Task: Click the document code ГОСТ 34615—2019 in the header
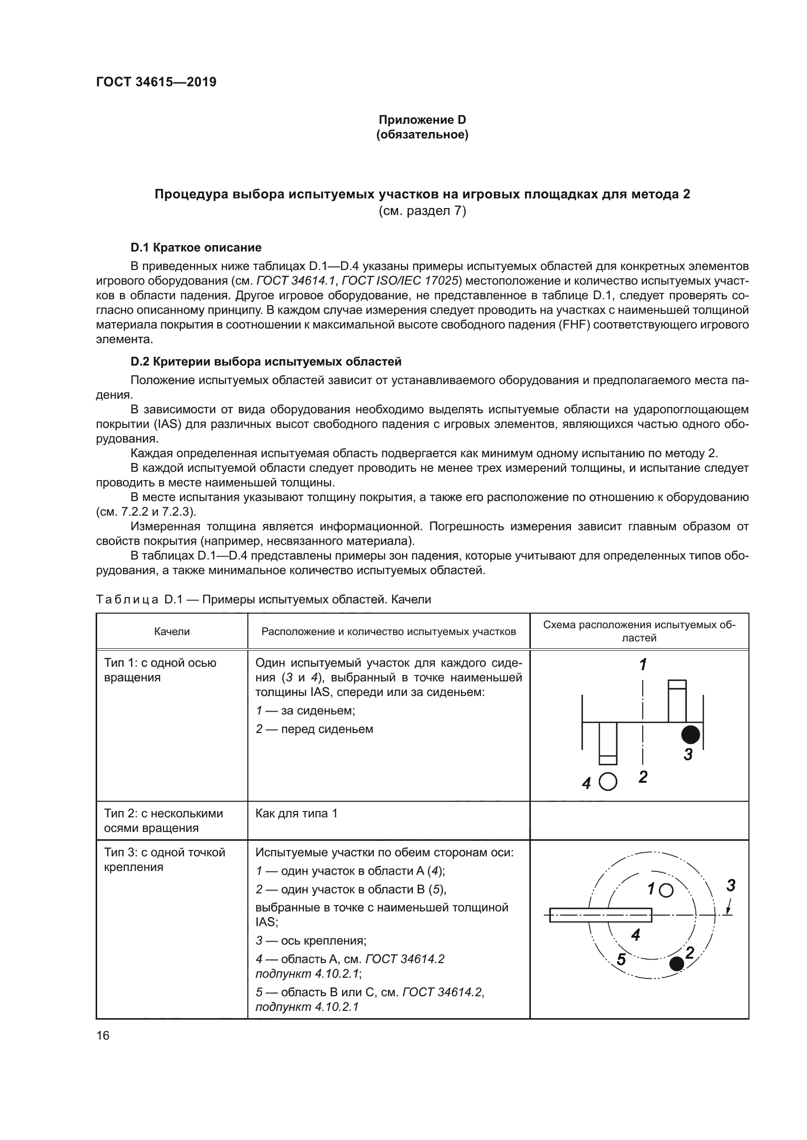tap(156, 82)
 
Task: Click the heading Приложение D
tap(422, 120)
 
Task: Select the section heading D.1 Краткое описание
tap(196, 247)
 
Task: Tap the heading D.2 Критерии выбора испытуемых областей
tap(266, 362)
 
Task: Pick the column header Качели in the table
tap(171, 631)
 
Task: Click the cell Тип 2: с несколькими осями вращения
tap(163, 820)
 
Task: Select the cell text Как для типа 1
tap(296, 813)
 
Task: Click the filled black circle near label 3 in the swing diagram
tap(690, 734)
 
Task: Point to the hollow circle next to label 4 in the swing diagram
tap(608, 782)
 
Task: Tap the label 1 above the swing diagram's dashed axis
tap(643, 664)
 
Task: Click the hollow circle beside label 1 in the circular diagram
tap(666, 891)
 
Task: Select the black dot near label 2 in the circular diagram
tap(676, 964)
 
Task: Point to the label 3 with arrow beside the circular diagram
tap(730, 885)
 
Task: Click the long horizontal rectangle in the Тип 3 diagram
tap(600, 915)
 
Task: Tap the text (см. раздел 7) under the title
tap(422, 211)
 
